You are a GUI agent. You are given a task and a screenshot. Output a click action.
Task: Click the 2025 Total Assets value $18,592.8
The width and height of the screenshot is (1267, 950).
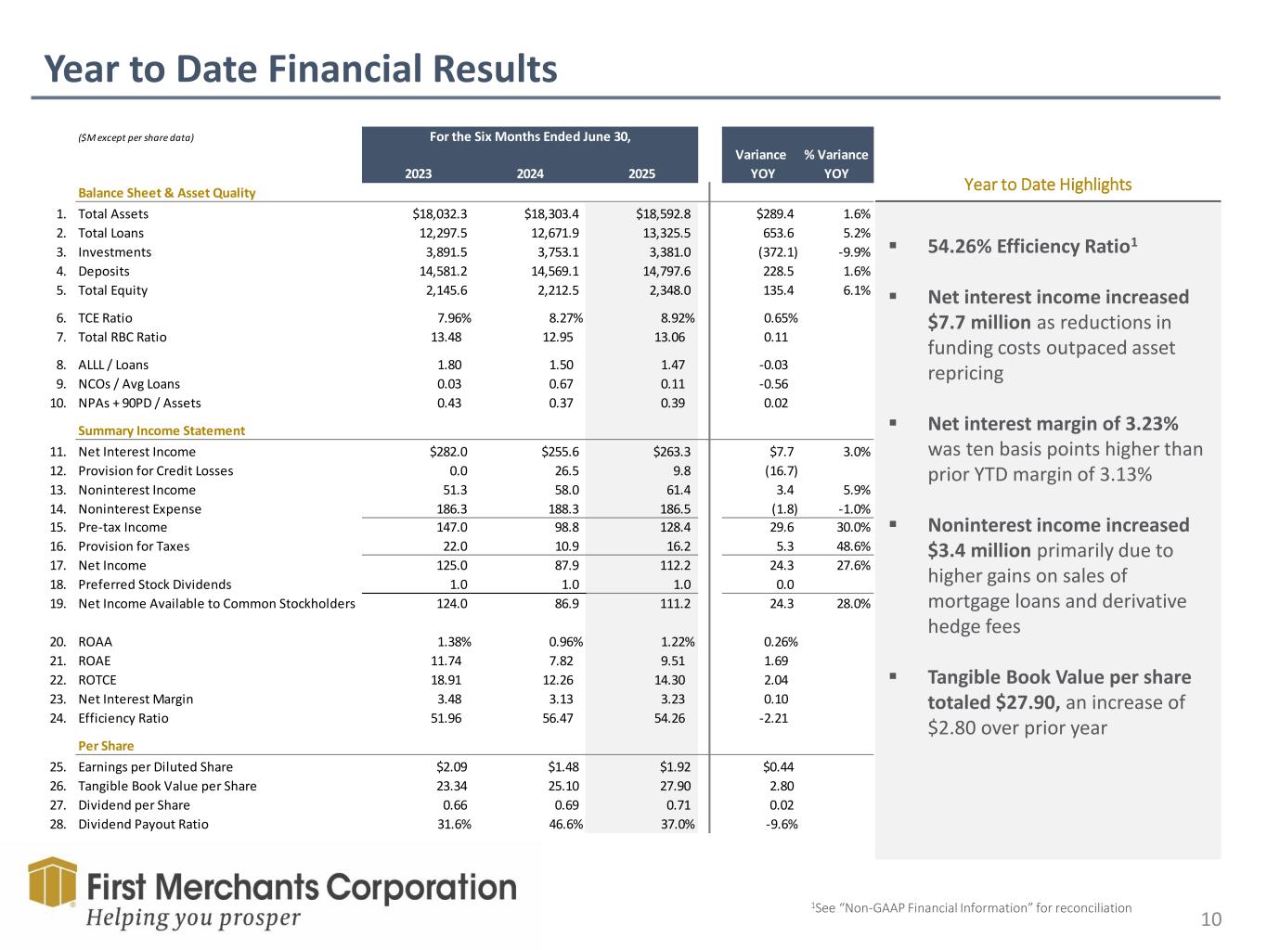click(663, 214)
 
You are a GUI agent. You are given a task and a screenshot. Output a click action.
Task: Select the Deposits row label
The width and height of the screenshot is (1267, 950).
click(104, 272)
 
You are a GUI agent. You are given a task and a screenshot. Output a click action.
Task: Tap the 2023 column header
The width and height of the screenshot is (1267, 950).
click(419, 173)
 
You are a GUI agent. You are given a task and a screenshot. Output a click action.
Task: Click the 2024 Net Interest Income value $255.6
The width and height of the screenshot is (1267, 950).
click(560, 452)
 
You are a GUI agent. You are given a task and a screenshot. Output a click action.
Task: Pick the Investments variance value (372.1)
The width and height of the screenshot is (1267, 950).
click(777, 252)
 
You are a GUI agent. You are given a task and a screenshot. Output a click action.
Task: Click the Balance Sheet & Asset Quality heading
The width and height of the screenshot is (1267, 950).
click(166, 193)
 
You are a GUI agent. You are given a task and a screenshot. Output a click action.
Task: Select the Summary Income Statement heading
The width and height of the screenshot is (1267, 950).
click(162, 430)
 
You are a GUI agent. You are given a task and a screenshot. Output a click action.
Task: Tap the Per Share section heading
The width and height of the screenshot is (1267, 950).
click(106, 746)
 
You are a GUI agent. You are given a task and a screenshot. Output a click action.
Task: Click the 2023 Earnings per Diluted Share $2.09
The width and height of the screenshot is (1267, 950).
click(451, 767)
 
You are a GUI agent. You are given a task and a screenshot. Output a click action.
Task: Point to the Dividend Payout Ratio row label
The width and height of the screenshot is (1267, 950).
click(143, 825)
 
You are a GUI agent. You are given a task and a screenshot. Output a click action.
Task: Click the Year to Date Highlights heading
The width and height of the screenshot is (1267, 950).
click(1048, 185)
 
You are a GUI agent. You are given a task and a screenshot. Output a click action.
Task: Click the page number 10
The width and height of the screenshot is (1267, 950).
click(1211, 920)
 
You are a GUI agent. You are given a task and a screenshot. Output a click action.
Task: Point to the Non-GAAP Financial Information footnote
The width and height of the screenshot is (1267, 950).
click(971, 908)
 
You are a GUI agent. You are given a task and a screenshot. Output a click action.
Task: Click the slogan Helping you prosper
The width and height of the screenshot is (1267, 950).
click(194, 918)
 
